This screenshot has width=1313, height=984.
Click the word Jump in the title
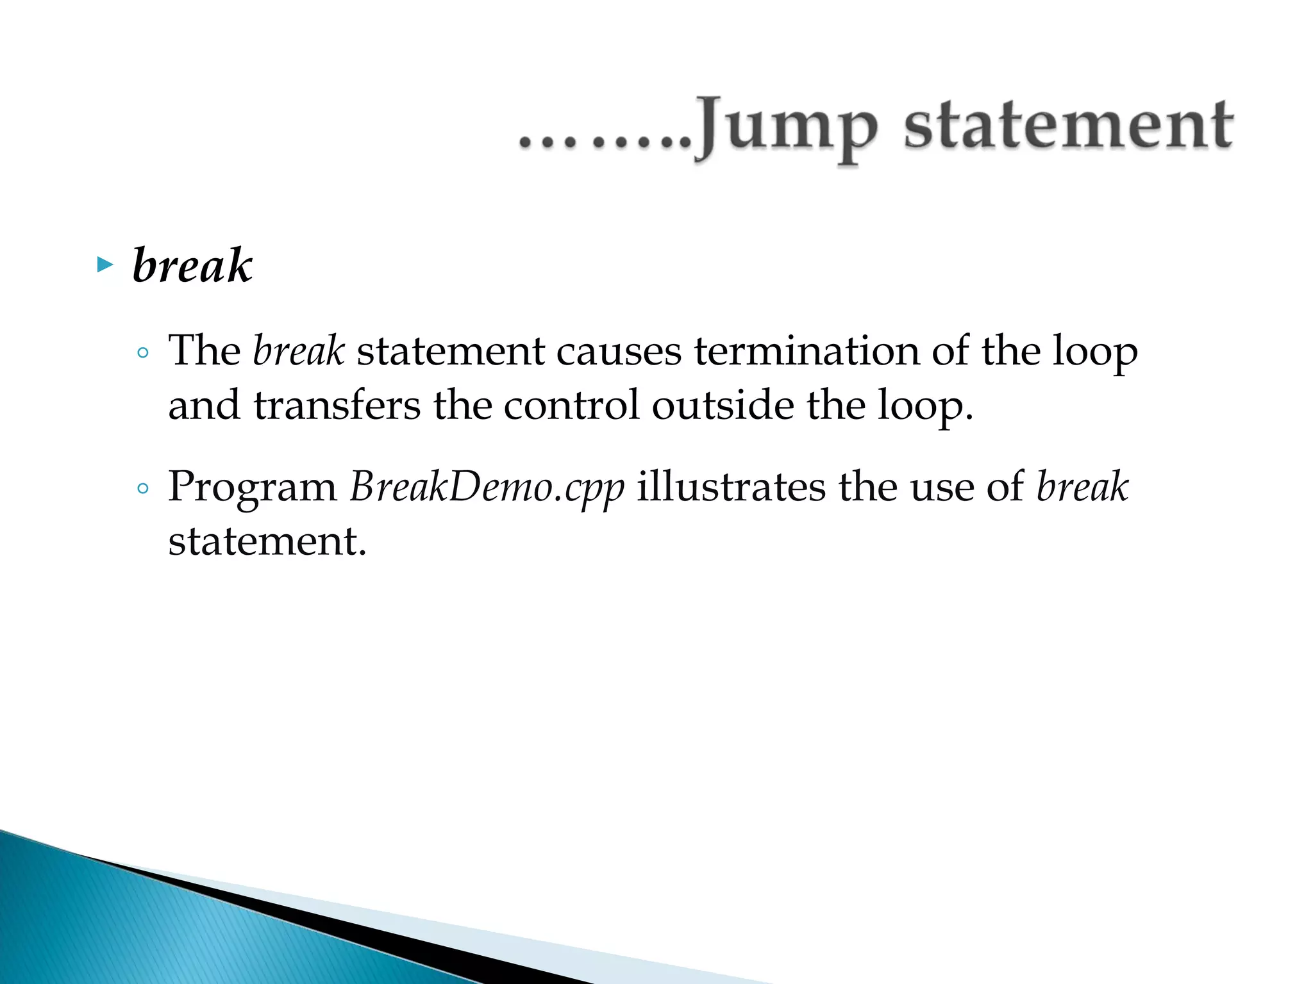click(787, 126)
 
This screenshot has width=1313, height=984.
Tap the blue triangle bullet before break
click(105, 265)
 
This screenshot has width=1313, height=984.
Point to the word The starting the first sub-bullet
click(204, 351)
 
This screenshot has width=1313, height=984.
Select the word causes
click(618, 351)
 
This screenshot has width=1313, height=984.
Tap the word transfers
click(337, 406)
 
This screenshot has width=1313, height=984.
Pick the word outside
click(723, 406)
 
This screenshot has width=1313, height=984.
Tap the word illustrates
click(731, 487)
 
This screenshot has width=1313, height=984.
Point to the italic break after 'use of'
click(1082, 487)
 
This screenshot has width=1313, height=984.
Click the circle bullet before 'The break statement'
click(143, 352)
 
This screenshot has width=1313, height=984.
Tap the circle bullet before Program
click(143, 489)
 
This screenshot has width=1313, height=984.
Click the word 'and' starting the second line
click(204, 406)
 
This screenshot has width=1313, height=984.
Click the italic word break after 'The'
click(299, 351)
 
